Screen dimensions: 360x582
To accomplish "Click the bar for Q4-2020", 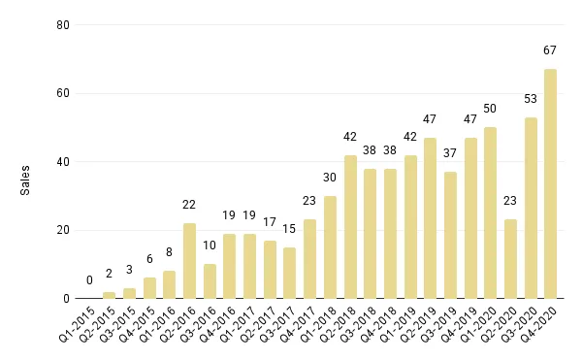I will (551, 184).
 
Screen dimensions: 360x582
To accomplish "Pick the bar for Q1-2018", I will (330, 247).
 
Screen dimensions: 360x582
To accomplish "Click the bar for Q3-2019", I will (450, 236).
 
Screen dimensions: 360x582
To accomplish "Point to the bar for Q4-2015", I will (149, 288).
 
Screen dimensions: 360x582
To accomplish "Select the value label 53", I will (531, 99).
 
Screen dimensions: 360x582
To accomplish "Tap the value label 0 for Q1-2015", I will (89, 280).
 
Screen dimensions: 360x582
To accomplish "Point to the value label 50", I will (490, 109).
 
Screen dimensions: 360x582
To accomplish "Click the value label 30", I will (330, 178).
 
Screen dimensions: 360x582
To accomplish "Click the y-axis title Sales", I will (26, 180).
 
